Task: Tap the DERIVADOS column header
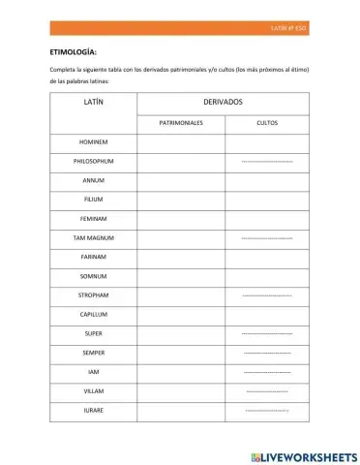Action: [x=224, y=102]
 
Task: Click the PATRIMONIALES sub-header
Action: [x=181, y=123]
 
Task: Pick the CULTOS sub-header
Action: [x=268, y=123]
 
